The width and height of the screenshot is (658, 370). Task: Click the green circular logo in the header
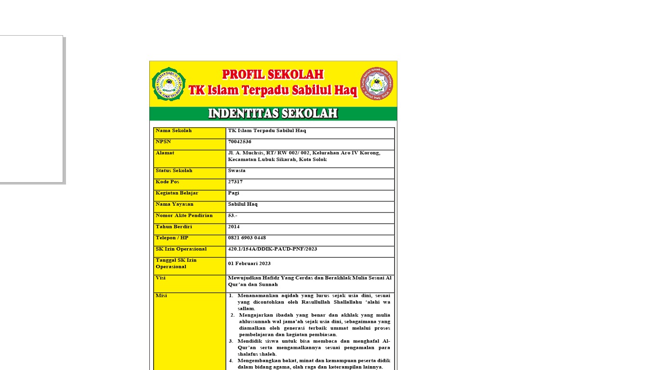[168, 84]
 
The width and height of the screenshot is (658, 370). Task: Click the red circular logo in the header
[377, 84]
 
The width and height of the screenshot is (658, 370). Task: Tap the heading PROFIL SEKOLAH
[273, 74]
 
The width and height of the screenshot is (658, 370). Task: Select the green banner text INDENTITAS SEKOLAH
[273, 114]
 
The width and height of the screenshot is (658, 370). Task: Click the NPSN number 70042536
[239, 142]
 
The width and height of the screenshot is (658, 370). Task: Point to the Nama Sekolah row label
[173, 131]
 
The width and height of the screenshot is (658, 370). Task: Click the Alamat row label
[165, 153]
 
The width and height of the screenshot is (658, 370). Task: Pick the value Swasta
[237, 171]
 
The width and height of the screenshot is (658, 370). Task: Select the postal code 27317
[235, 182]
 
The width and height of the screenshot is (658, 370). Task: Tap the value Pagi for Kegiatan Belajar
[233, 193]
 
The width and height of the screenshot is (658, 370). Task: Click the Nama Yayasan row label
[174, 204]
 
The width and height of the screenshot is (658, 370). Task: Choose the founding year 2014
[234, 226]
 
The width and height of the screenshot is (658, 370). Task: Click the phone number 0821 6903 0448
[247, 238]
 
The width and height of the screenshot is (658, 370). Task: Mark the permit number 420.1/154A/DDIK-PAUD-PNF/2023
[272, 249]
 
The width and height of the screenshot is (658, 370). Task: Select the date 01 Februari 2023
[249, 264]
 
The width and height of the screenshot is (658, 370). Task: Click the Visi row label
[160, 278]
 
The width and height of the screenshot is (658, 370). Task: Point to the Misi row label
[161, 295]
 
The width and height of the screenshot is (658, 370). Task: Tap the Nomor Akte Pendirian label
[184, 215]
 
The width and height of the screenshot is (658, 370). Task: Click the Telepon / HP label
[171, 238]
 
